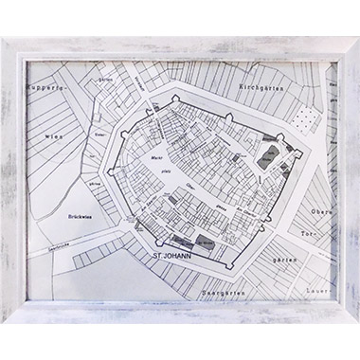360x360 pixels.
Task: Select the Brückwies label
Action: (x=81, y=215)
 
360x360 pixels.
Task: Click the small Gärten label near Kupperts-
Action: (x=105, y=107)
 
